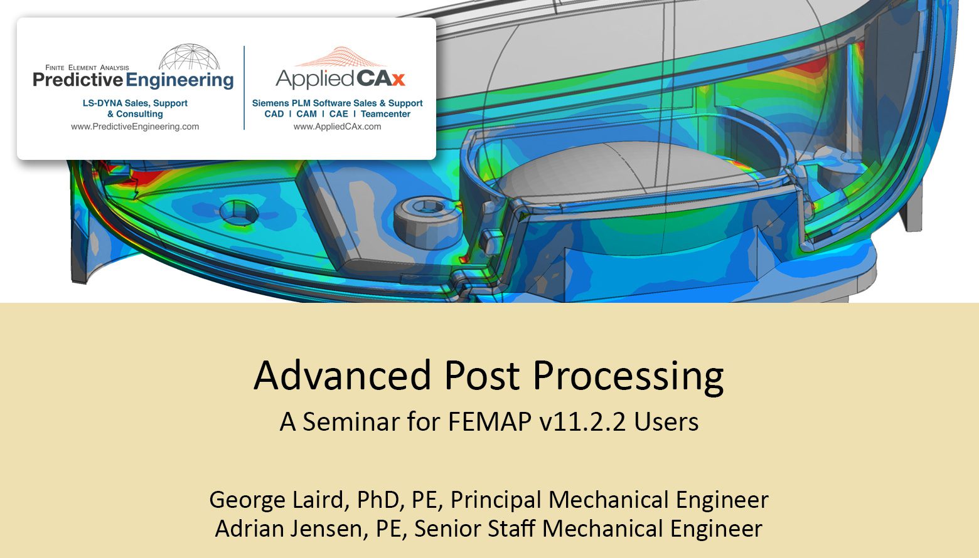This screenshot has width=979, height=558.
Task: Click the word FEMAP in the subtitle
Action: pyautogui.click(x=489, y=422)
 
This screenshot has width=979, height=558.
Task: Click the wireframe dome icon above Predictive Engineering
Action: pyautogui.click(x=190, y=57)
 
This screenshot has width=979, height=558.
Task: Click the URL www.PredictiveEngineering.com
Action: pyautogui.click(x=135, y=127)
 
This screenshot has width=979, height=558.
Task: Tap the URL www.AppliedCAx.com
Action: pyautogui.click(x=337, y=127)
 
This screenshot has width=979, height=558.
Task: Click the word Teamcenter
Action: pyautogui.click(x=385, y=114)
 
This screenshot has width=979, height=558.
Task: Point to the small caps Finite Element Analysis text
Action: pyautogui.click(x=87, y=68)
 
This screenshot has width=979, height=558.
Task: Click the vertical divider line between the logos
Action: pyautogui.click(x=244, y=88)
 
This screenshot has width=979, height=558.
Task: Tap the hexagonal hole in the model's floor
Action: pyautogui.click(x=238, y=213)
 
